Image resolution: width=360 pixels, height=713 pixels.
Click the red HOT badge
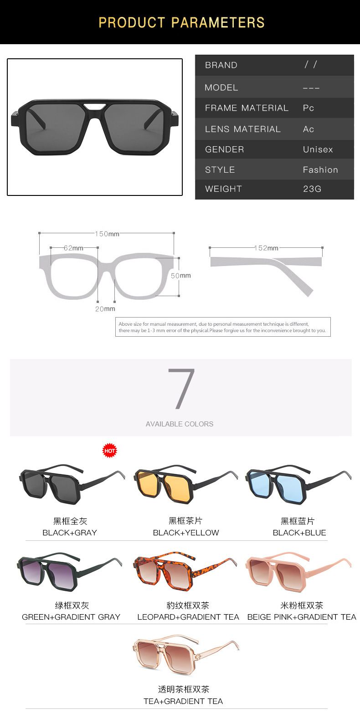(109, 451)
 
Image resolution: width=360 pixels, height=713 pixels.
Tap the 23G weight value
(312, 189)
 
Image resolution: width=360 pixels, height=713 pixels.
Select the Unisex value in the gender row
(318, 149)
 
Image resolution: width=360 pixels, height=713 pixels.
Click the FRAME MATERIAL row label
(247, 108)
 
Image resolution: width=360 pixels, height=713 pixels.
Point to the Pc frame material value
(308, 108)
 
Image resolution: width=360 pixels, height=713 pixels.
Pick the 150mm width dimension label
(107, 234)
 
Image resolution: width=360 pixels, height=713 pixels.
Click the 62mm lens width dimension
(73, 248)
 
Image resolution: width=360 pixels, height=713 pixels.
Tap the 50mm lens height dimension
(180, 276)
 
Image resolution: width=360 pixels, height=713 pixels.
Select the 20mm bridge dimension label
(105, 309)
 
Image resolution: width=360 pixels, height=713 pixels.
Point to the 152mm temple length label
(267, 248)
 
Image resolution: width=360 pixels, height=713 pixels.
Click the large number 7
(181, 389)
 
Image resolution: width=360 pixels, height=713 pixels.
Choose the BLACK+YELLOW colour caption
(186, 533)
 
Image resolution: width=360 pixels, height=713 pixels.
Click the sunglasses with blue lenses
(298, 484)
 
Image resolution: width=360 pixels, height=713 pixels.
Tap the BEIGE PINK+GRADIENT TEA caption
(302, 617)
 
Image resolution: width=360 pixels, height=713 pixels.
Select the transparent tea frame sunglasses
(186, 655)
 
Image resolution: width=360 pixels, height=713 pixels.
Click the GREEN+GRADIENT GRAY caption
(71, 617)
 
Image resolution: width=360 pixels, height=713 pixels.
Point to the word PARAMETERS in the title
(218, 23)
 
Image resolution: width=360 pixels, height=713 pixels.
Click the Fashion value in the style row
(320, 169)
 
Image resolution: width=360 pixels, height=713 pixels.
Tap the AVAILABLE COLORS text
(180, 424)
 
